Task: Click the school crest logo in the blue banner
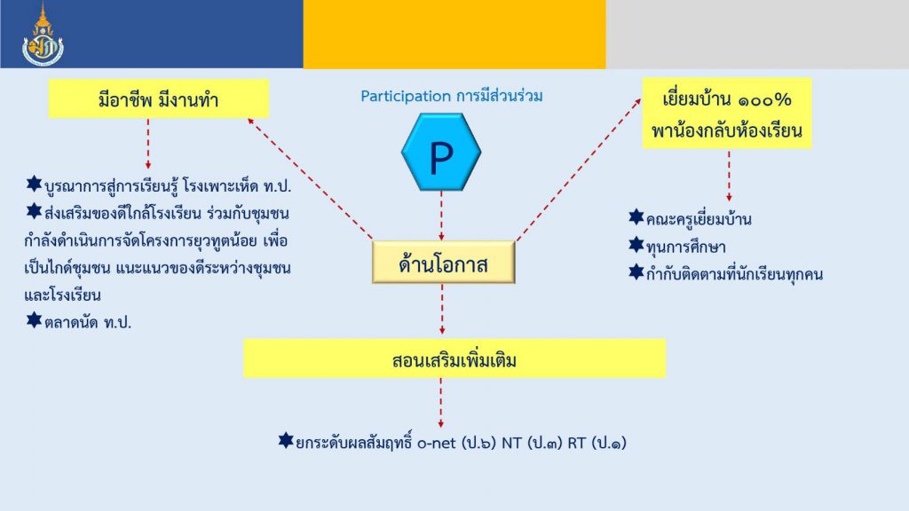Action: click(x=43, y=35)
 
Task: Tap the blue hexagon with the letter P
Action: click(x=441, y=152)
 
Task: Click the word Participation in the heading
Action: click(x=405, y=96)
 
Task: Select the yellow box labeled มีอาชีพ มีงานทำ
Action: click(x=158, y=99)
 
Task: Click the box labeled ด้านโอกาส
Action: click(x=444, y=263)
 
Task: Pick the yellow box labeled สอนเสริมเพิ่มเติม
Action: click(x=454, y=358)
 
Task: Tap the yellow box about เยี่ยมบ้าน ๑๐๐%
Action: click(x=727, y=114)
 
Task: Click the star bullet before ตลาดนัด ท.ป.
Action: click(x=35, y=319)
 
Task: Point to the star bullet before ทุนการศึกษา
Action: click(x=636, y=245)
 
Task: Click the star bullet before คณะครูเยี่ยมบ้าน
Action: click(x=636, y=217)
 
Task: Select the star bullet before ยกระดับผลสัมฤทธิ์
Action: click(x=286, y=441)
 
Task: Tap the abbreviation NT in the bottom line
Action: click(x=512, y=444)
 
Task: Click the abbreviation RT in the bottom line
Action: click(x=577, y=444)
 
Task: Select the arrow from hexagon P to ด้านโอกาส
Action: click(x=442, y=216)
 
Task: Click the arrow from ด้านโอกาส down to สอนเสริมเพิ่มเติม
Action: click(x=442, y=309)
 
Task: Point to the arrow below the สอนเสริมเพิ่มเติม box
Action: click(x=441, y=403)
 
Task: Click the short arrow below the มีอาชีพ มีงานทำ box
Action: click(x=148, y=144)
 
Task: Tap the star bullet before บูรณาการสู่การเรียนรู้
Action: click(x=35, y=185)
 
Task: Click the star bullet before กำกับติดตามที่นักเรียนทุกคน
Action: click(x=636, y=271)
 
